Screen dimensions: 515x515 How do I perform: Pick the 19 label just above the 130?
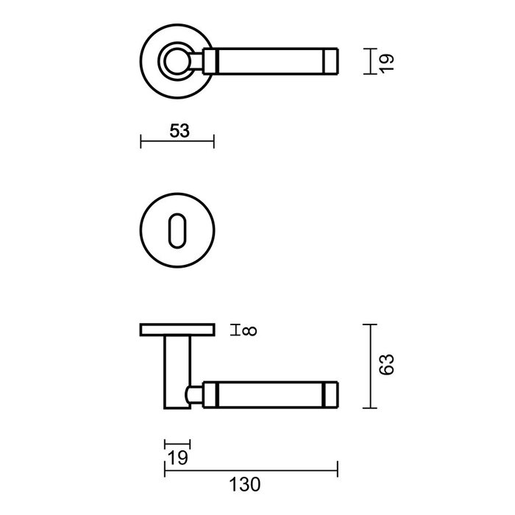(177, 458)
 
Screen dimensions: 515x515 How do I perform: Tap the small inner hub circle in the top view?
(177, 60)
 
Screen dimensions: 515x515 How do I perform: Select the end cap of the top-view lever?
(330, 60)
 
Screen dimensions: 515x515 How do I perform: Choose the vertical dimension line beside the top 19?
(366, 60)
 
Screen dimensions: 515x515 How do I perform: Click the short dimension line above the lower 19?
(177, 444)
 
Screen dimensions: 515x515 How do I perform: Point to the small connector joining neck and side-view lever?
(195, 394)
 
